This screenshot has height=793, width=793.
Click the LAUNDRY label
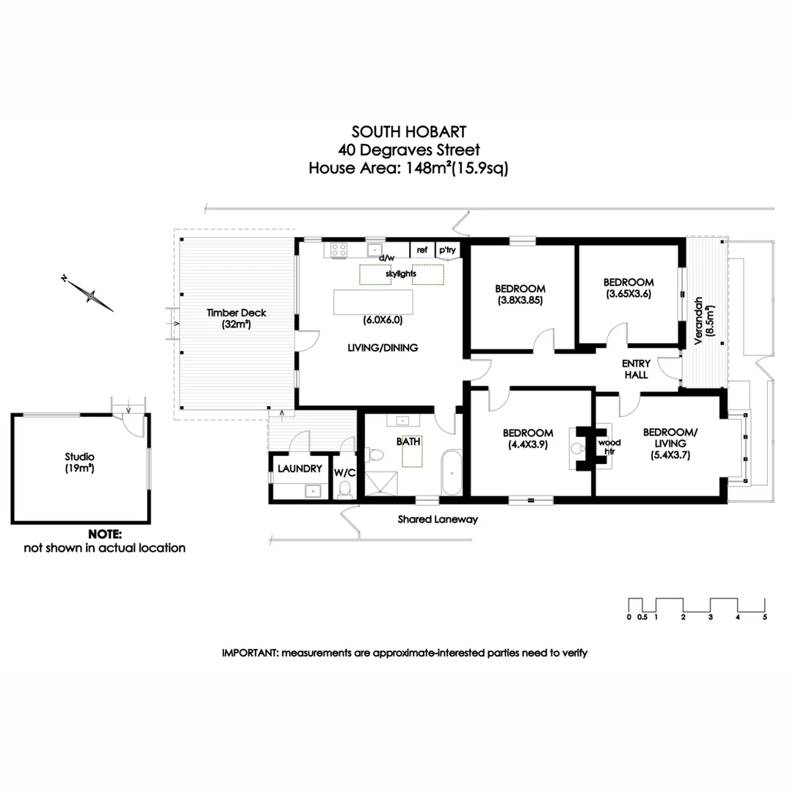(x=300, y=468)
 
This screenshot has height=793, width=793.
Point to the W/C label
(x=344, y=472)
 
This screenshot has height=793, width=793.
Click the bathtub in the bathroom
(x=451, y=474)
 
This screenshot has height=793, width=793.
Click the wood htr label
(x=609, y=447)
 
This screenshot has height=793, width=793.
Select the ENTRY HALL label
(x=635, y=369)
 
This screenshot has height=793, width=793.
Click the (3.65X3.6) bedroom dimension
(x=629, y=294)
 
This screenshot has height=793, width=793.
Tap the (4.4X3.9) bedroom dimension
(x=529, y=443)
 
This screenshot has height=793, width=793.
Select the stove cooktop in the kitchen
(x=338, y=250)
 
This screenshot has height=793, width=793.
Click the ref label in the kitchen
(x=421, y=250)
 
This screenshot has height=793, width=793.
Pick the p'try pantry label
(x=447, y=250)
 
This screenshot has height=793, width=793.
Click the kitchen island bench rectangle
(x=373, y=303)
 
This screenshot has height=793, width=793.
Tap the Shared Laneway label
(x=438, y=519)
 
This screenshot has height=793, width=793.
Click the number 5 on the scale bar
(x=764, y=617)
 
